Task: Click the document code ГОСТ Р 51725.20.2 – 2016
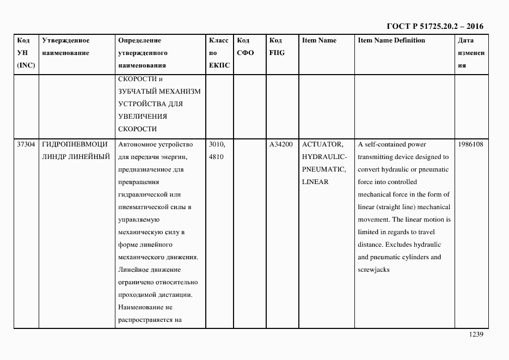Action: click(434, 27)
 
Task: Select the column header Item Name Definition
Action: click(391, 40)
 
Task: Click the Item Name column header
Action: click(319, 40)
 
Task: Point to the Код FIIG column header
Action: click(277, 47)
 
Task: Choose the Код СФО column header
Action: click(246, 47)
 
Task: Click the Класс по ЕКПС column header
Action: click(219, 53)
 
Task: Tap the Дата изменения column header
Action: click(471, 53)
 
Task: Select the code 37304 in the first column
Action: click(26, 144)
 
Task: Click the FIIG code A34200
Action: click(281, 144)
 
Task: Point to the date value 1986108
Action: click(471, 144)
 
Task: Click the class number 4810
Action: click(217, 157)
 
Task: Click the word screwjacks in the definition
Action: click(373, 270)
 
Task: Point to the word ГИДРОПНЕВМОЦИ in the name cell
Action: click(75, 144)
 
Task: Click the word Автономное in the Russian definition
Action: click(136, 144)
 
